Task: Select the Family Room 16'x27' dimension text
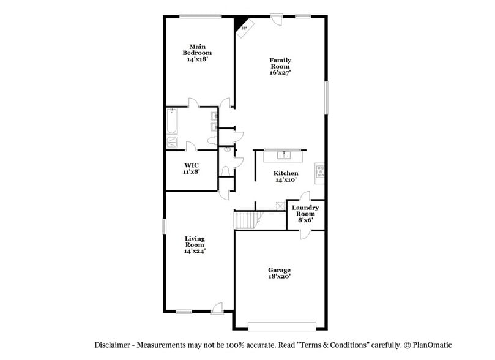280,72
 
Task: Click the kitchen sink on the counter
284,154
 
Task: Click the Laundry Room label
305,211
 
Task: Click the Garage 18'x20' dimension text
279,276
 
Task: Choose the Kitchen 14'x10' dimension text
285,180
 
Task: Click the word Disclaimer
111,345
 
